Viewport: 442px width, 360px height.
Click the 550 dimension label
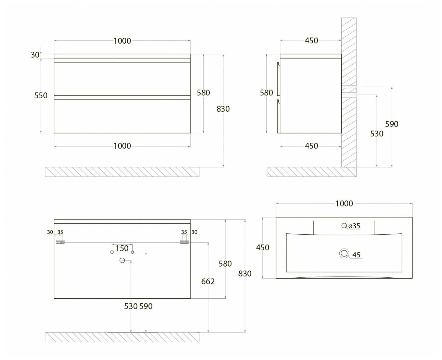[41, 95]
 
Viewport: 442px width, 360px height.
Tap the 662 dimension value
[208, 281]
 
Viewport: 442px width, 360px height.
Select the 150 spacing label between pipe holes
[122, 248]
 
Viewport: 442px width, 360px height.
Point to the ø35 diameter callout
[354, 226]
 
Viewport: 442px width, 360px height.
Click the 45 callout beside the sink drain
[356, 255]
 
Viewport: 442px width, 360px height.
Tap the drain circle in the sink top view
[344, 254]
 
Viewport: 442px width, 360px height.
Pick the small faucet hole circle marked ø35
[344, 225]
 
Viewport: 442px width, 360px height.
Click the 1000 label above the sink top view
[344, 204]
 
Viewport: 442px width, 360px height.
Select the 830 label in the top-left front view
[223, 109]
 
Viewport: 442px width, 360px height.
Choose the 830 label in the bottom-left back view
[245, 274]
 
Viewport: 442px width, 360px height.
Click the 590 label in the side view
[391, 124]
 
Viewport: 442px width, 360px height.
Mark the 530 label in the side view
[377, 134]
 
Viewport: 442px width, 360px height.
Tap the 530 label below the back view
[131, 306]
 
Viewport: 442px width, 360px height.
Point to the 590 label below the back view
[146, 306]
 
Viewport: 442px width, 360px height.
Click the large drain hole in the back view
[122, 260]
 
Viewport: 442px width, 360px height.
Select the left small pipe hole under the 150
[112, 252]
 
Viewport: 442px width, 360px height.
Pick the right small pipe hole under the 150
[132, 252]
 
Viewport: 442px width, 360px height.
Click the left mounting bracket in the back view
[60, 242]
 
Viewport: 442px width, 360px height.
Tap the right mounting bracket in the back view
[184, 242]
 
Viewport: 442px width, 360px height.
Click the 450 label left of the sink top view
[263, 247]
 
